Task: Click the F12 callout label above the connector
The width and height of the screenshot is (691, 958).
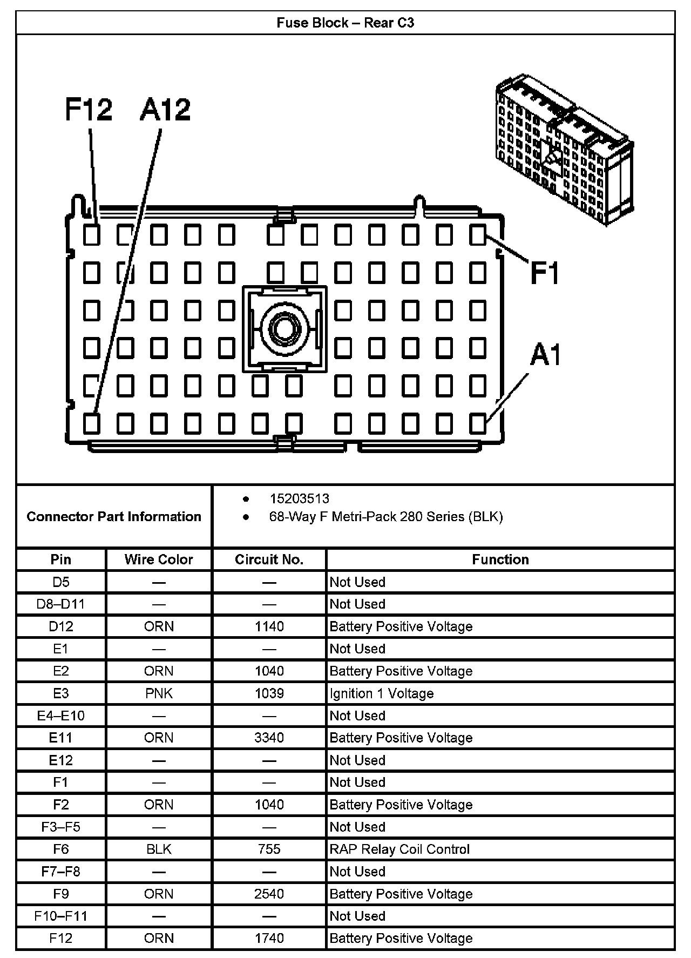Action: [x=89, y=109]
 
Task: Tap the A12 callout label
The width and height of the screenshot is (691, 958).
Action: [x=165, y=109]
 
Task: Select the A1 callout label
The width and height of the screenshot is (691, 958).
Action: [x=545, y=355]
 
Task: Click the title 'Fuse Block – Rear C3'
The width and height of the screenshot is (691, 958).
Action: [x=345, y=23]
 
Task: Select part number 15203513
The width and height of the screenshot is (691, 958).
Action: [x=299, y=498]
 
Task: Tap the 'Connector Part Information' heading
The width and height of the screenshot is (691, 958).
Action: [x=114, y=516]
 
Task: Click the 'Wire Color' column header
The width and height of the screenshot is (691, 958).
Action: [x=159, y=559]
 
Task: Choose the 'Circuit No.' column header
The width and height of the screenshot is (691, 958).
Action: [x=269, y=559]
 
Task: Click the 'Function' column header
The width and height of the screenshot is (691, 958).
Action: [x=500, y=559]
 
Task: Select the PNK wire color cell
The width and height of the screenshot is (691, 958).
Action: [x=159, y=693]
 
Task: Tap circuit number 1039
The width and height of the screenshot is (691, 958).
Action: [x=269, y=693]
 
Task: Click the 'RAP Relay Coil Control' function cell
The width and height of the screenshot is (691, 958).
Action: [x=399, y=849]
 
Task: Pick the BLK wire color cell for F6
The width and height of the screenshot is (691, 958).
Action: [x=159, y=849]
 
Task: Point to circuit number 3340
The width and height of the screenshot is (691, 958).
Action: [x=269, y=738]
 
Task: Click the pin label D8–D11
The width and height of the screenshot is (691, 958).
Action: [x=60, y=604]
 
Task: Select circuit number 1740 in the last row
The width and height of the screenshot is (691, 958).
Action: [x=269, y=938]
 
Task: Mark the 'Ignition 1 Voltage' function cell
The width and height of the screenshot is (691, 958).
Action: [x=382, y=693]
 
